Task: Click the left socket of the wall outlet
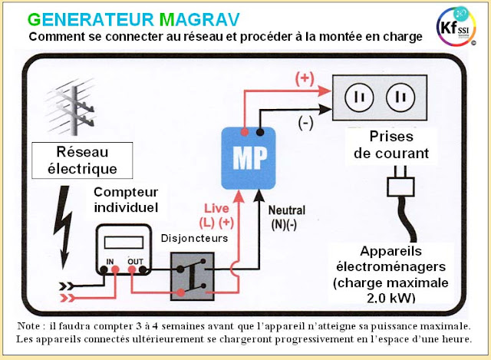(x=359, y=97)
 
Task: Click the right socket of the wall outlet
(x=398, y=97)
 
